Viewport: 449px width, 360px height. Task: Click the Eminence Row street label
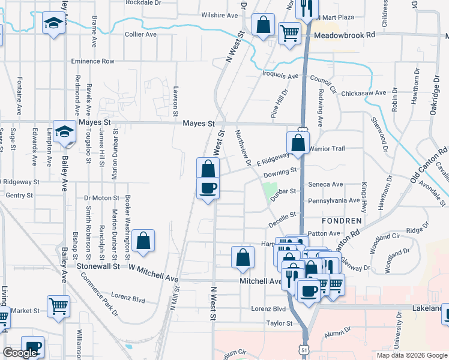92,61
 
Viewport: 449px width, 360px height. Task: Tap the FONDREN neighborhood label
342,221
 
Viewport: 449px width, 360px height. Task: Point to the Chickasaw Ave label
363,93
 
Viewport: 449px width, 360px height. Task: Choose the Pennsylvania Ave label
334,200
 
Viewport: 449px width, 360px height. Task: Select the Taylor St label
279,323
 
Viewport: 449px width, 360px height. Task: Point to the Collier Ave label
140,35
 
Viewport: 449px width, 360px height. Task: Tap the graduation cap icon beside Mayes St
64,131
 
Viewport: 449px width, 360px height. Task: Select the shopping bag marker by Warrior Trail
298,143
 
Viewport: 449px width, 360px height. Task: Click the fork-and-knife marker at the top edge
307,8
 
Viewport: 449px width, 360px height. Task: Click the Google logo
20,353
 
